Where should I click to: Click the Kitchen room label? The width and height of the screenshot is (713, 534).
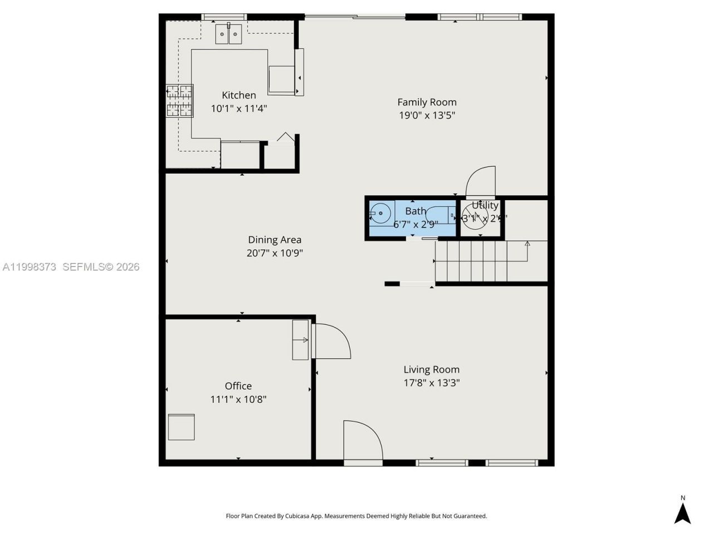239,95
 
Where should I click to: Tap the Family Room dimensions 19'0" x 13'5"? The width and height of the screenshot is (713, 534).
427,116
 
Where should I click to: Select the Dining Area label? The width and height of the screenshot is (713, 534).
275,240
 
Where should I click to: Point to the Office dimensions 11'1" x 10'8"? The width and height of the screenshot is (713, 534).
238,399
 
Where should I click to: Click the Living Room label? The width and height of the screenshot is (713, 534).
431,369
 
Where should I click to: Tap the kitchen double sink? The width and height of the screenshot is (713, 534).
228,34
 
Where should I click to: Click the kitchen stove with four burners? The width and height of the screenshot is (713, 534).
179,101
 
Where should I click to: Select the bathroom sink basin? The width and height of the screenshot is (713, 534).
381,213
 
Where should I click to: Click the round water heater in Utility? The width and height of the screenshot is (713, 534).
475,216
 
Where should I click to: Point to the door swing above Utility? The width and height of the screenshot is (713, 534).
481,181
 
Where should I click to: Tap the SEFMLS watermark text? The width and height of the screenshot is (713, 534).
100,267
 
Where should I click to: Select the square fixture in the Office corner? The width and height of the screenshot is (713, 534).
181,427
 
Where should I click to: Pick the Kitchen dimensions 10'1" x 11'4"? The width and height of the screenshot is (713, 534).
239,108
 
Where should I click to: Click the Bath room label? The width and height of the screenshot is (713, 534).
416,211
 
